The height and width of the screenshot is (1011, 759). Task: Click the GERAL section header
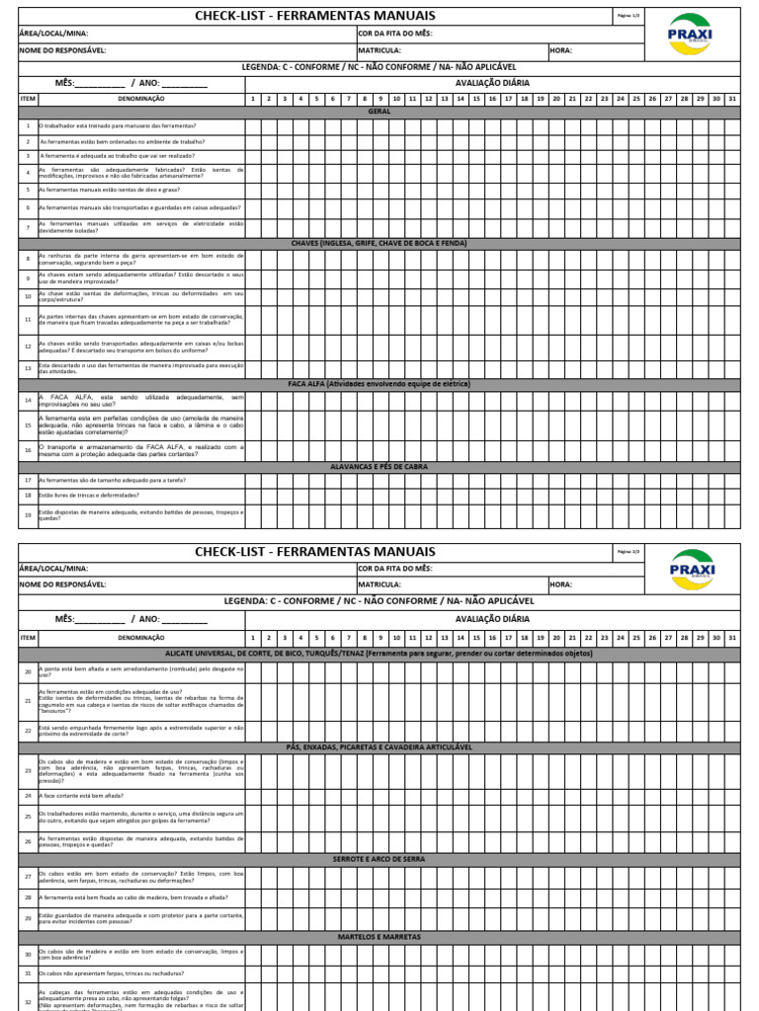(x=379, y=112)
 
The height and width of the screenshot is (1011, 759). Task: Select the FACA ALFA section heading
(x=379, y=384)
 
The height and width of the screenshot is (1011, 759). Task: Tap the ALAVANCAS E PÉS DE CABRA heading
(x=379, y=466)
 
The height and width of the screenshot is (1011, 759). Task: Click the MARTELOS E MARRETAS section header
(x=379, y=937)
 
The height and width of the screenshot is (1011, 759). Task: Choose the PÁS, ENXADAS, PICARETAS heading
(x=379, y=747)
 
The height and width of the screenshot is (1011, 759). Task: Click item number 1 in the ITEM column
(x=28, y=126)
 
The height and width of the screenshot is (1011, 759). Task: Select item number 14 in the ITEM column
(x=28, y=400)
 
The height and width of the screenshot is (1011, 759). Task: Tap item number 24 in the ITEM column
(x=28, y=795)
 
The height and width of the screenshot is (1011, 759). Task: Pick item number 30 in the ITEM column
(x=28, y=954)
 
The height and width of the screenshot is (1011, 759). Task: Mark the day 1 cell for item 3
(x=253, y=156)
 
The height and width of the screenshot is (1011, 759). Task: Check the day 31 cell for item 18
(x=731, y=495)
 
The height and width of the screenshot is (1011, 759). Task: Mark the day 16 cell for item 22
(x=492, y=730)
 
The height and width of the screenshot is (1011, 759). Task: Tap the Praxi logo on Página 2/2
(x=691, y=570)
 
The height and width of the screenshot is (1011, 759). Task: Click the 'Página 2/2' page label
(x=629, y=551)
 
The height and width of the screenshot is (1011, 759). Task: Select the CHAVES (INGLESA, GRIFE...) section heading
(x=379, y=243)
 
